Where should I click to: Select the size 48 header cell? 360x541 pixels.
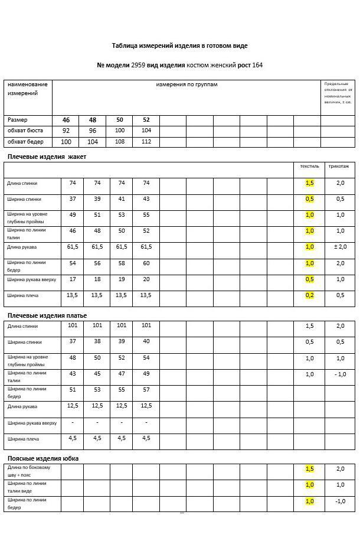[x=93, y=120]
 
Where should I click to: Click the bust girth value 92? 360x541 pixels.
[x=66, y=131]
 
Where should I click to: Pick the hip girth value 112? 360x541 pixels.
[x=146, y=142]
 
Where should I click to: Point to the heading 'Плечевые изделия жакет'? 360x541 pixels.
[x=47, y=157]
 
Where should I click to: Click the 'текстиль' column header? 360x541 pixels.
[x=309, y=167]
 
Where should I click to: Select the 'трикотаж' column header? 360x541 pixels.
[x=340, y=167]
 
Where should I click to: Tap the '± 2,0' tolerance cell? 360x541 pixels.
[x=340, y=247]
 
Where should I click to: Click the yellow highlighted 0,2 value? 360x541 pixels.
[x=310, y=295]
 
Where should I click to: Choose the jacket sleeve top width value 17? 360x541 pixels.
[x=73, y=279]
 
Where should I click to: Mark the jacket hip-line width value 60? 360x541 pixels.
[x=146, y=263]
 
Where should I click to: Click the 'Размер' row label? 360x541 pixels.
[x=18, y=120]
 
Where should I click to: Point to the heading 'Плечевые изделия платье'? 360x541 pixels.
[x=47, y=315]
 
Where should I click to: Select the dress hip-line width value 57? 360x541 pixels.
[x=146, y=390]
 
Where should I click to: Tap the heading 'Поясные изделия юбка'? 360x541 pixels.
[x=43, y=458]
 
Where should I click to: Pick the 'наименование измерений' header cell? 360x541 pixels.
[x=27, y=89]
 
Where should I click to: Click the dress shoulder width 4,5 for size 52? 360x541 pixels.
[x=146, y=438]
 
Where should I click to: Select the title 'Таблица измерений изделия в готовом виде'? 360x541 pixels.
[x=179, y=45]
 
